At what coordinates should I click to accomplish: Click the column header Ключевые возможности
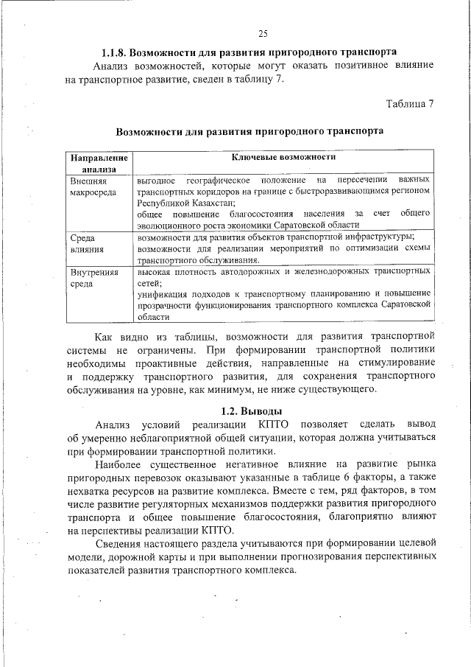coord(284,157)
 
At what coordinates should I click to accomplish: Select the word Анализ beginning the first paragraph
coord(107,66)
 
